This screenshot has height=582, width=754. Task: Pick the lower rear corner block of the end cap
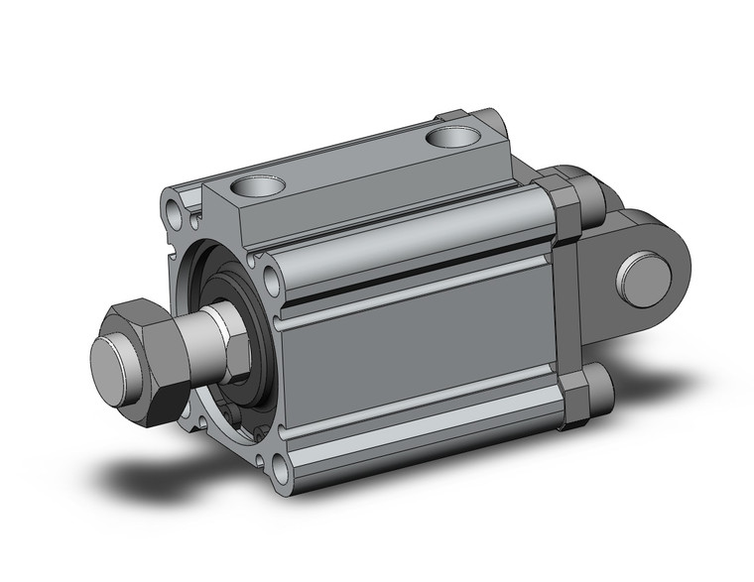pos(572,401)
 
